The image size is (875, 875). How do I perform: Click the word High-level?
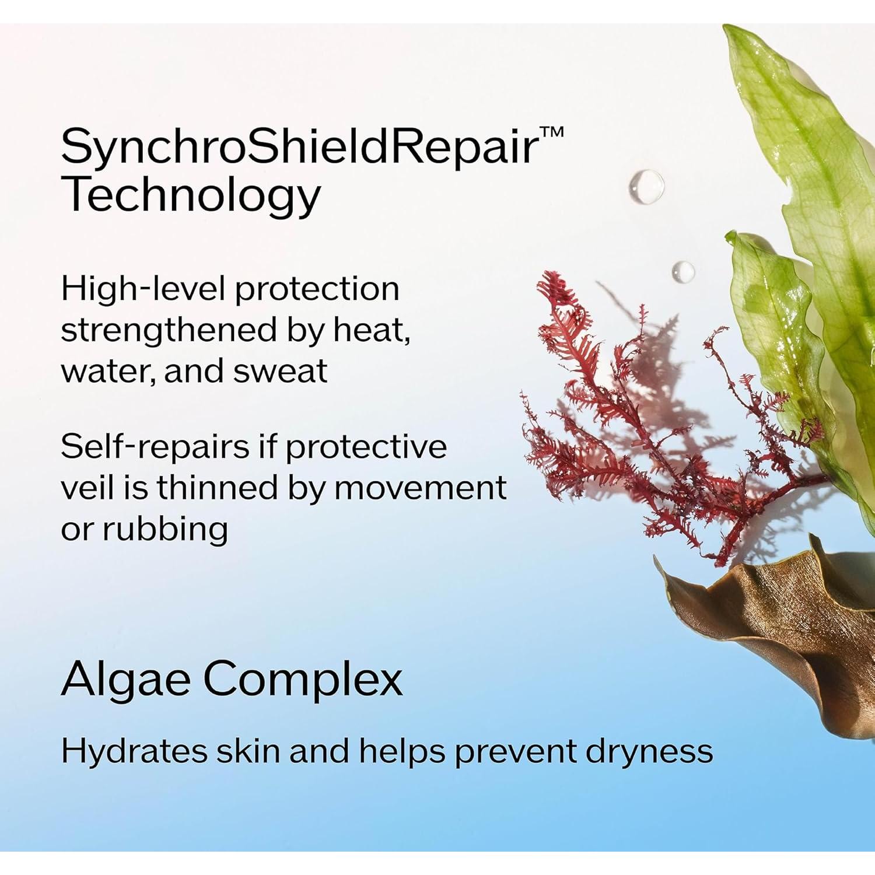(x=142, y=289)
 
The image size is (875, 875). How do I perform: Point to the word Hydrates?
(x=134, y=751)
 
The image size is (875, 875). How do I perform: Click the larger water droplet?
(x=646, y=187)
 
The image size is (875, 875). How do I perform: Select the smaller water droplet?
(x=682, y=271)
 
